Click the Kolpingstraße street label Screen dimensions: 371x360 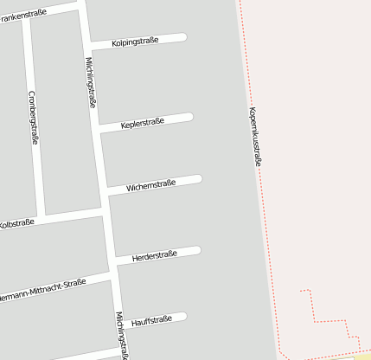135,42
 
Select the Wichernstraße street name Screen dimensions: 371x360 151,184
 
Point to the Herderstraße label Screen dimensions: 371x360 154,255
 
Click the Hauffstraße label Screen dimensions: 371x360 151,319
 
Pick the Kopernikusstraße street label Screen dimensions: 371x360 254,135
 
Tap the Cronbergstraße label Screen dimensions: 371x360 34,117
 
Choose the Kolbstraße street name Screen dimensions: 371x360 16,224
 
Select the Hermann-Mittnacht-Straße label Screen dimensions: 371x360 43,288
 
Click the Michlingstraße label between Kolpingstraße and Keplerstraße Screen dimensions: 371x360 91,82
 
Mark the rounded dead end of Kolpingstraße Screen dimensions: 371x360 182,37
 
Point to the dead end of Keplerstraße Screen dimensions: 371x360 189,117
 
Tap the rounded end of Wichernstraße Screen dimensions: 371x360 198,179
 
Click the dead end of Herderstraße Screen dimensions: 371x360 196,251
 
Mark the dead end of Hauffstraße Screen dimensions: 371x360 182,317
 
